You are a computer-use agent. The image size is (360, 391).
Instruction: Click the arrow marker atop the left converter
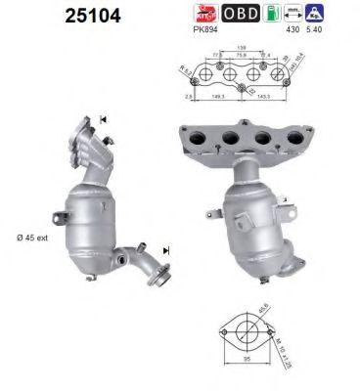103,120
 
